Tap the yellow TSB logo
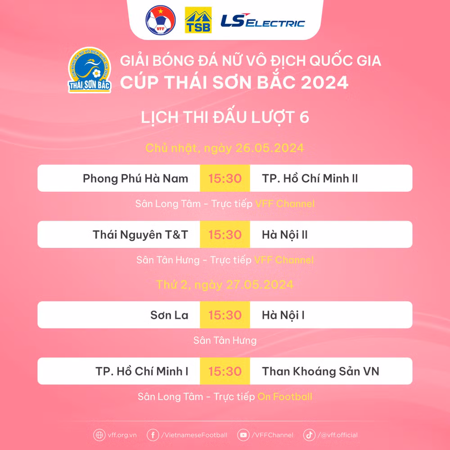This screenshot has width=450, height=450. [x=198, y=20]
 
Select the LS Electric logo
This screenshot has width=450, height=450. [x=262, y=21]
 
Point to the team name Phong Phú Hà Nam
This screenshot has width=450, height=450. [x=135, y=179]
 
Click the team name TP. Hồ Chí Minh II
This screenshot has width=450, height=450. [x=310, y=179]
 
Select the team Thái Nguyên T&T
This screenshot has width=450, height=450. [x=140, y=234]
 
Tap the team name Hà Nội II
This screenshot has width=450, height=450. [x=284, y=234]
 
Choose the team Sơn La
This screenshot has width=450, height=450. [x=169, y=315]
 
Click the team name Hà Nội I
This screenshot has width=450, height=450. [x=283, y=315]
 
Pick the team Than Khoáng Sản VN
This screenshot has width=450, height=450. [x=320, y=371]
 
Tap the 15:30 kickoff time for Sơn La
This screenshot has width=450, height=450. [x=225, y=315]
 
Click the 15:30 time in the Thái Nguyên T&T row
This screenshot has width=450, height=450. [x=225, y=234]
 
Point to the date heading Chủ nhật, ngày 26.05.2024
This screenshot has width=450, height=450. [x=225, y=148]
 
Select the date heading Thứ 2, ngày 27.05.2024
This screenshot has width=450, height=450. [x=225, y=284]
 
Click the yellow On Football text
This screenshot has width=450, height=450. [x=284, y=396]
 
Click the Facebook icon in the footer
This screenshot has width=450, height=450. [x=153, y=435]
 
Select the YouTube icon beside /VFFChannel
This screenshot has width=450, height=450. [x=244, y=435]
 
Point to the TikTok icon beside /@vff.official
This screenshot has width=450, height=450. [x=309, y=435]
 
